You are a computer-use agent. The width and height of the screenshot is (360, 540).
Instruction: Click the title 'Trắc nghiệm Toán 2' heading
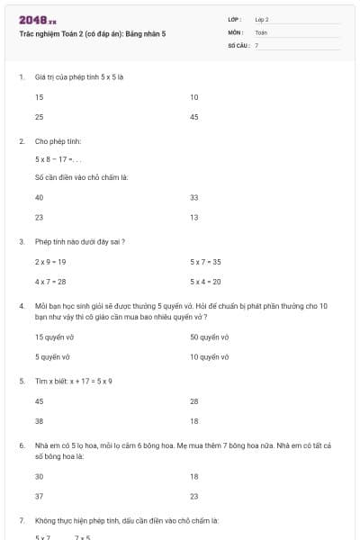point(92,33)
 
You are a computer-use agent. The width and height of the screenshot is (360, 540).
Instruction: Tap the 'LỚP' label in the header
point(235,19)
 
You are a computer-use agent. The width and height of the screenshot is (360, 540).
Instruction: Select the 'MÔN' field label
point(236,31)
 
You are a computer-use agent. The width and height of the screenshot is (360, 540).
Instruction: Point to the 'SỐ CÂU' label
point(238,44)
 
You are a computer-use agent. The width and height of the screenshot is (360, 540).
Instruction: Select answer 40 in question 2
point(40,196)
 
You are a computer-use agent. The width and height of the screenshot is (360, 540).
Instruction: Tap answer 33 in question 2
point(194,196)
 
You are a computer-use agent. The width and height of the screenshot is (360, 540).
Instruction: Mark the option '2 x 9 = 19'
point(50,261)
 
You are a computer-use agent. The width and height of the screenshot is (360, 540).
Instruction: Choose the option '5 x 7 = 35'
point(205,261)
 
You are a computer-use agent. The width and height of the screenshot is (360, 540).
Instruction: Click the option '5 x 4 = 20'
point(205,282)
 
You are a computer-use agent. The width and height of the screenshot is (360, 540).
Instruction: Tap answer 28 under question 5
point(194,400)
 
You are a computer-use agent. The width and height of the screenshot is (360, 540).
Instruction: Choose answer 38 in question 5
point(40,420)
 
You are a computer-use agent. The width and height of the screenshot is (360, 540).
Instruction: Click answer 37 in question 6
point(40,496)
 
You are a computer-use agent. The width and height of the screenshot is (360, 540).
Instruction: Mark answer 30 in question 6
point(40,476)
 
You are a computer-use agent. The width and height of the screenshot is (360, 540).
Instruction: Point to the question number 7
point(21,520)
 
